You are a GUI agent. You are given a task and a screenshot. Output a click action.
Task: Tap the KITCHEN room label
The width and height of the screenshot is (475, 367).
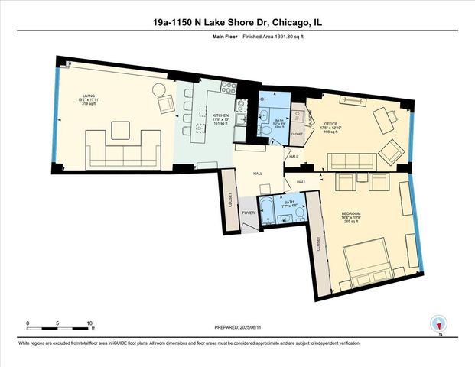click(221, 118)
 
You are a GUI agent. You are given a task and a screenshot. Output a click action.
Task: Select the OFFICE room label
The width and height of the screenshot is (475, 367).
click(330, 124)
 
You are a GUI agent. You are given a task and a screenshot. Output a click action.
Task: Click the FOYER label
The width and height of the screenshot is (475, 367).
click(249, 213)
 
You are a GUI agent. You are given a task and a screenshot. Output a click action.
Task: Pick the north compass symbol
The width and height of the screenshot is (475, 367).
click(439, 324)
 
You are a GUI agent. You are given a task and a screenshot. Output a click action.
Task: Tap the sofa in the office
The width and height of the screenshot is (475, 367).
click(350, 161)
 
